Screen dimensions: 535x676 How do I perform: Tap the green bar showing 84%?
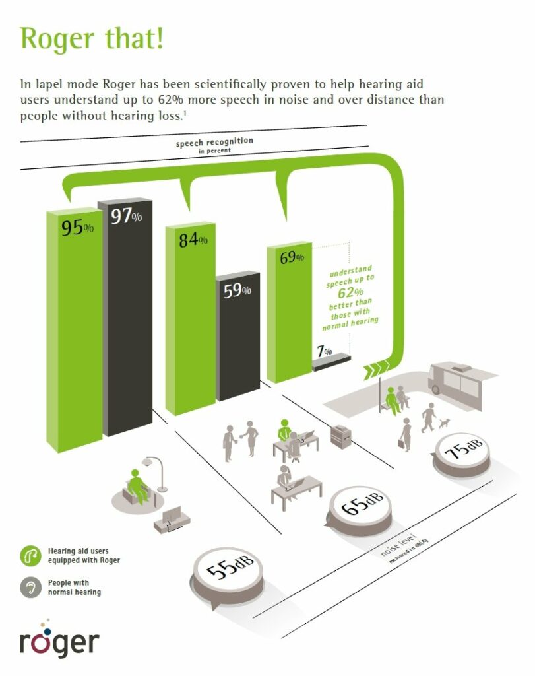tap(191, 319)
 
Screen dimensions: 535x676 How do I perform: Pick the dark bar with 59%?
tap(237, 336)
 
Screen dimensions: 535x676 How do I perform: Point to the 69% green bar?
tap(289, 312)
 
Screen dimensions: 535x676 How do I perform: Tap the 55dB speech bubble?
tap(228, 575)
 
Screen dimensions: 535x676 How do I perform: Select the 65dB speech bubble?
tap(360, 511)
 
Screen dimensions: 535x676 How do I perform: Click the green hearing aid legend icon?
tap(30, 556)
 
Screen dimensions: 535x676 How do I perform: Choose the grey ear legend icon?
tap(30, 587)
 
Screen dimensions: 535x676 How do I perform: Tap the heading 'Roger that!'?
tap(92, 38)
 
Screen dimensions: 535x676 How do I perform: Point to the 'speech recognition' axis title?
tap(214, 142)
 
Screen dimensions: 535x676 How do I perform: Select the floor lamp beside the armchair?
tap(156, 473)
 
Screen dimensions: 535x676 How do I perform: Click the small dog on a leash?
tap(444, 422)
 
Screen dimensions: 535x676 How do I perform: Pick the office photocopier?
tap(341, 436)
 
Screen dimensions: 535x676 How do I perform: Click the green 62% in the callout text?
tap(350, 292)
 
